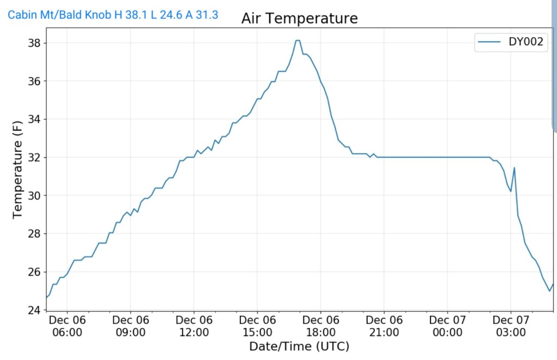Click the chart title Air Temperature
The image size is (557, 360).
(x=300, y=18)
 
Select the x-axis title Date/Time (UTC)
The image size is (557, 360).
(x=299, y=346)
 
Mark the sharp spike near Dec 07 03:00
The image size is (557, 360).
(x=514, y=167)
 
